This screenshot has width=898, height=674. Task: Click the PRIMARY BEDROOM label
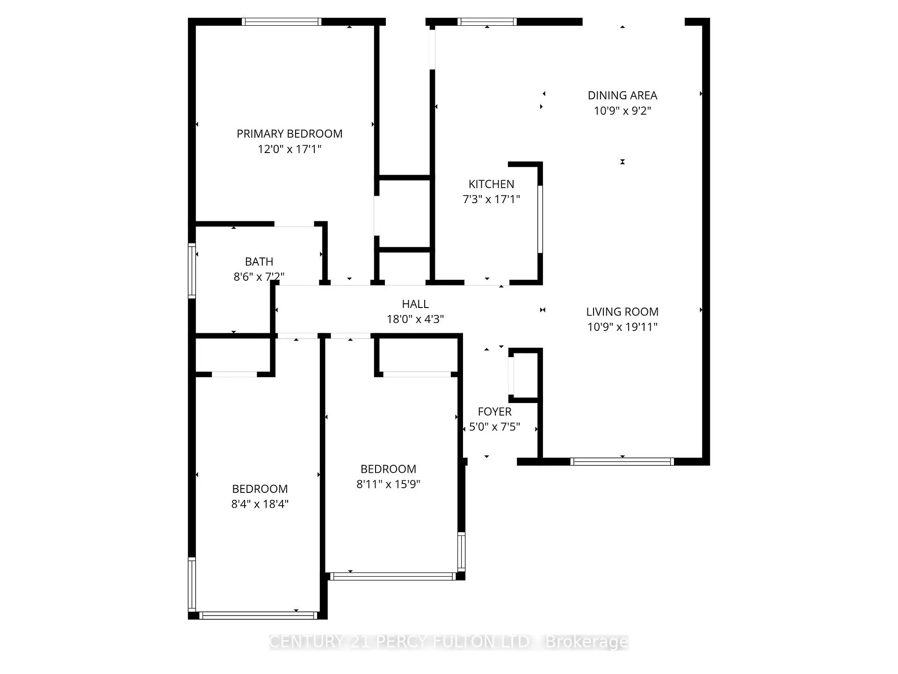coord(289,134)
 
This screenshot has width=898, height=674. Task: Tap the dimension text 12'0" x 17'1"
coord(289,149)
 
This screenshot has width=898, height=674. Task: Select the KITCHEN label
coord(491,184)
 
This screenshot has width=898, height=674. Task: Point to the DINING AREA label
coord(622,95)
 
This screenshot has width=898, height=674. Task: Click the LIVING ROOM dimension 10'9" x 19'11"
coord(622,327)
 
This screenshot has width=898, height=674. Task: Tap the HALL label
coord(415,304)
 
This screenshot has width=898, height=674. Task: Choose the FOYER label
coord(494,412)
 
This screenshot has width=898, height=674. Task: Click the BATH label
coord(259,262)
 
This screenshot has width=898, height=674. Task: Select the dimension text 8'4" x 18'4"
coord(260,504)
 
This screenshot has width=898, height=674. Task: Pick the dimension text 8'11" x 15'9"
coord(388,484)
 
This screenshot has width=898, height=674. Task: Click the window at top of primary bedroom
coord(282,22)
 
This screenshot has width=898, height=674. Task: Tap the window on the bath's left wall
coord(192,271)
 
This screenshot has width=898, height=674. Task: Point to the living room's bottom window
coord(622,462)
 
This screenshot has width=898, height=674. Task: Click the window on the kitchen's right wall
coord(540,219)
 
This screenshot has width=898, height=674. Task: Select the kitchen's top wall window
coord(487,22)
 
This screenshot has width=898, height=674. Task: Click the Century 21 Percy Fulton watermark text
coord(448,642)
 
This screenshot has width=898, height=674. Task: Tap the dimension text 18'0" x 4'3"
coord(415,319)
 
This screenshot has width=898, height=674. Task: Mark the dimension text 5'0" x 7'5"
coord(494,427)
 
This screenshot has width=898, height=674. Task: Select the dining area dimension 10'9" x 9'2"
coord(622,111)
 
